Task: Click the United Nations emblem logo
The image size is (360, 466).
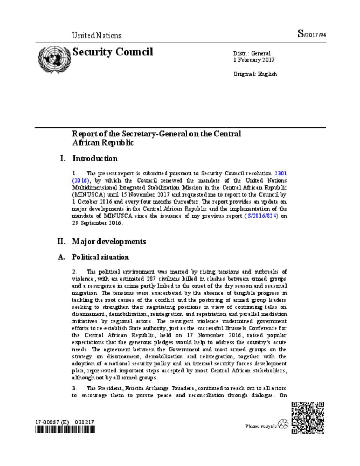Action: click(x=54, y=59)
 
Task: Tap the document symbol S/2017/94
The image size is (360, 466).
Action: click(x=311, y=34)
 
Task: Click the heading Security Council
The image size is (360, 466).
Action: click(x=112, y=52)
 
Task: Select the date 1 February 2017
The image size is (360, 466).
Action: click(x=253, y=60)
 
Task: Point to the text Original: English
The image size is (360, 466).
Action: click(x=255, y=74)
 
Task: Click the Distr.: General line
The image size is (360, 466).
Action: click(x=252, y=53)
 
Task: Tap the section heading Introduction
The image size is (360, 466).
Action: click(x=95, y=159)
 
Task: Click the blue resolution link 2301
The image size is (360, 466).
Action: click(x=280, y=173)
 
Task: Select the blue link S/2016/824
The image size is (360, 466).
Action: click(x=262, y=216)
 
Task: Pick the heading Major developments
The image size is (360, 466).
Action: click(x=109, y=242)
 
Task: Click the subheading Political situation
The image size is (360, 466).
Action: click(x=100, y=257)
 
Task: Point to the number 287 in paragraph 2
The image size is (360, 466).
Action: click(x=151, y=279)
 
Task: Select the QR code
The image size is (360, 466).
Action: click(x=308, y=417)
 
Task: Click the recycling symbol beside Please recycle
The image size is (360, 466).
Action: click(x=283, y=424)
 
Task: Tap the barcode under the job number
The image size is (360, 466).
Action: click(x=65, y=429)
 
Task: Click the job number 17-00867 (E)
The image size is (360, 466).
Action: click(x=52, y=422)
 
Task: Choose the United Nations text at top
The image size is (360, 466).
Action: click(x=97, y=36)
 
